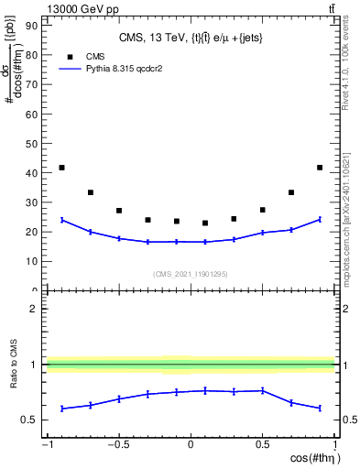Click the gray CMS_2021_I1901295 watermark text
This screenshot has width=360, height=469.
(x=191, y=274)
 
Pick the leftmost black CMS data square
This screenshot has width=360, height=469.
(x=61, y=168)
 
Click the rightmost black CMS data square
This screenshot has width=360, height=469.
(x=320, y=168)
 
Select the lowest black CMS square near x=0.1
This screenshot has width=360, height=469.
(x=205, y=223)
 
